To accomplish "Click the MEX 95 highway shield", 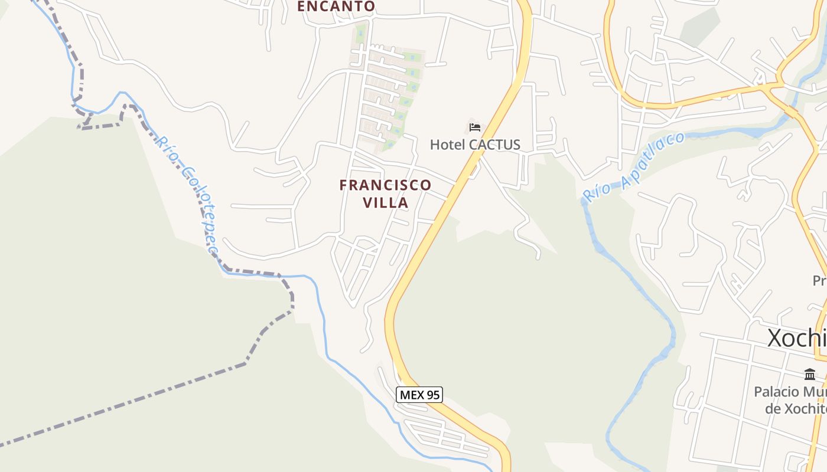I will (419, 395).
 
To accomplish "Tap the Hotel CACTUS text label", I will (475, 145).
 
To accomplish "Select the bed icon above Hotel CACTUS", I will (475, 127).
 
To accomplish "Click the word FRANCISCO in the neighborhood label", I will (385, 185).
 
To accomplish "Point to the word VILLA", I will (385, 203).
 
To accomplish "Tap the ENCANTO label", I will (336, 6).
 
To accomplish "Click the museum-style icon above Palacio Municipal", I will (810, 374).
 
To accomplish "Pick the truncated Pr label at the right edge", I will (819, 280).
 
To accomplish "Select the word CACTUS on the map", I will (494, 145).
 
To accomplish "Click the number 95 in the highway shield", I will (432, 395).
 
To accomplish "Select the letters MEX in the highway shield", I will (411, 395).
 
